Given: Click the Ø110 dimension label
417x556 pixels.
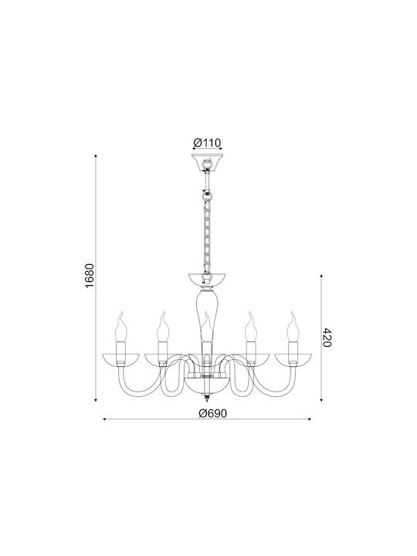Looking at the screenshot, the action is pyautogui.click(x=207, y=143).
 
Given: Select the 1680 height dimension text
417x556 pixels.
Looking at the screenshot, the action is pyautogui.click(x=90, y=276).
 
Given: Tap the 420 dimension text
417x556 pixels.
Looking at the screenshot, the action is pyautogui.click(x=327, y=337).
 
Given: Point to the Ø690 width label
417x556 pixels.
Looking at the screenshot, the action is pyautogui.click(x=212, y=413).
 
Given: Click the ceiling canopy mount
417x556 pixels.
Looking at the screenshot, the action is pyautogui.click(x=207, y=162).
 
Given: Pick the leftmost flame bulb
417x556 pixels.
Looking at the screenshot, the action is pyautogui.click(x=121, y=327).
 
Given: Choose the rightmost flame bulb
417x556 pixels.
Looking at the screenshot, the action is pyautogui.click(x=293, y=327).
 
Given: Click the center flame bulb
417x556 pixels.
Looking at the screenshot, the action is pyautogui.click(x=208, y=327).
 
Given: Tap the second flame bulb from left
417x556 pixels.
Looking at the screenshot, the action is pyautogui.click(x=163, y=327).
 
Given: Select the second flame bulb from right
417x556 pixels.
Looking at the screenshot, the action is pyautogui.click(x=251, y=327).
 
